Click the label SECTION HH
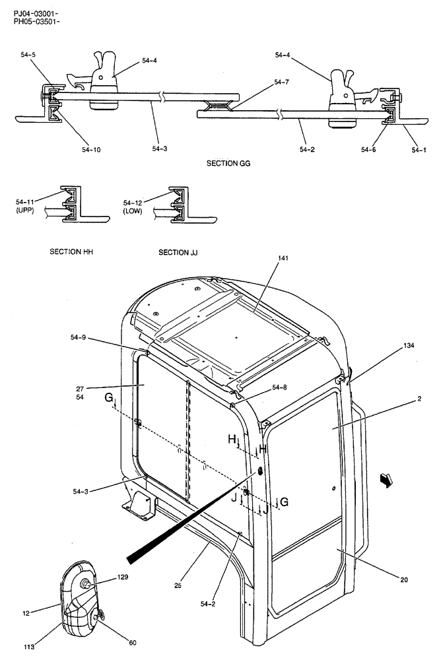pyautogui.click(x=69, y=252)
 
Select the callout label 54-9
pyautogui.click(x=77, y=337)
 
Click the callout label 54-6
pyautogui.click(x=368, y=150)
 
